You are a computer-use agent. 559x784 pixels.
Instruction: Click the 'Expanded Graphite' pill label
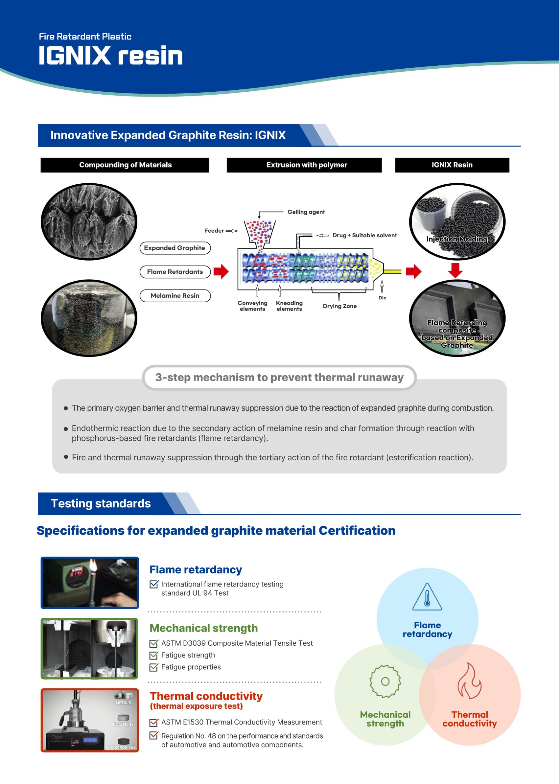point(175,248)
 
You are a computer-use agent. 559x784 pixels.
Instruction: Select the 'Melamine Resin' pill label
point(175,296)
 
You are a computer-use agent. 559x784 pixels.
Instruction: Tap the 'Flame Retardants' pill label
point(175,271)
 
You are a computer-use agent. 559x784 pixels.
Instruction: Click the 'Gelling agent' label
point(306,212)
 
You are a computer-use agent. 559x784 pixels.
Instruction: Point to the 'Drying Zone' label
point(339,306)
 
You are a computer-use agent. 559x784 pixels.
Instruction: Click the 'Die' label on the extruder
point(382,298)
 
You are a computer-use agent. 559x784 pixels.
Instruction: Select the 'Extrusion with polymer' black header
point(304,165)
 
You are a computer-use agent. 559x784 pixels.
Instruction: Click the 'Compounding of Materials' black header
point(125,165)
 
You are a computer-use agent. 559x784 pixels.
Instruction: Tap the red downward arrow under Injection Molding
point(455,270)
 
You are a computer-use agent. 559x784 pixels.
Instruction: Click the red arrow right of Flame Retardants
point(221,271)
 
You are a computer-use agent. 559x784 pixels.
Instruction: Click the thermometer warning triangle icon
point(427,597)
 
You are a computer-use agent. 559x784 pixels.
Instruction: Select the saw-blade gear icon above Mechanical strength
point(385,681)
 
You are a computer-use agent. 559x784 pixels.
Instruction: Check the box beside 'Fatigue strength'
point(154,655)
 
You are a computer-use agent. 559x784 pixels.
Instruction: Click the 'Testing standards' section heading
point(101,503)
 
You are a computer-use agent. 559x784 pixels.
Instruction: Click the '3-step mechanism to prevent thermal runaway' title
point(279,377)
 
